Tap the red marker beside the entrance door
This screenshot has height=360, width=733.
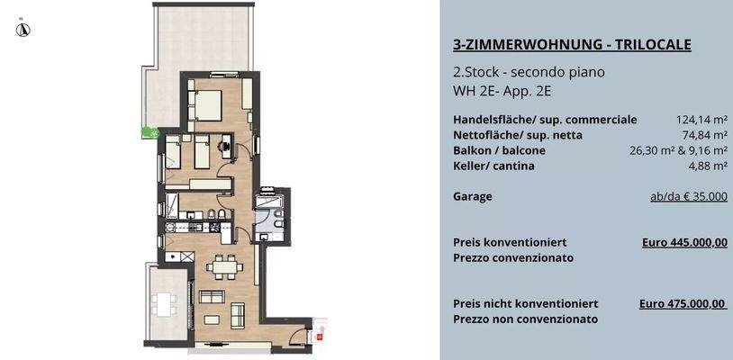pos(319,336)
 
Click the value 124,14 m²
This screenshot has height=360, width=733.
pos(701,119)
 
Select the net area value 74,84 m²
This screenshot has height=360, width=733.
pos(704,135)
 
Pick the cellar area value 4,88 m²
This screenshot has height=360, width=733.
pos(707,166)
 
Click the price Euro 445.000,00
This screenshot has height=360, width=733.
pos(684,242)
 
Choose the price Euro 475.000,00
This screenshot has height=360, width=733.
pos(683,304)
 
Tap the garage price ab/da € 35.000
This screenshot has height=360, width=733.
pos(688,195)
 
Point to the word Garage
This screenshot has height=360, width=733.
pos(473,195)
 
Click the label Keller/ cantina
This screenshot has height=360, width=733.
pos(493,166)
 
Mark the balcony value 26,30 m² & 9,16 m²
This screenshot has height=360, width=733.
pos(678,150)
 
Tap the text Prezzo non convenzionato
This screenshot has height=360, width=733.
pos(526,319)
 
